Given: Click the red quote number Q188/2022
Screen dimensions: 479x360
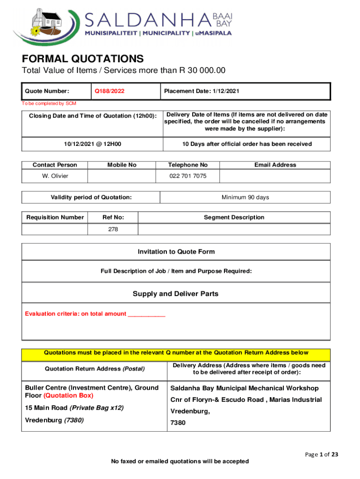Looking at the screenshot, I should tap(109, 91).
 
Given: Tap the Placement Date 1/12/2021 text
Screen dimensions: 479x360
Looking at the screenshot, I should tap(201, 91).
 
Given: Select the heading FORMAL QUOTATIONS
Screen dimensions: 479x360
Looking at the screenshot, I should tap(83, 59).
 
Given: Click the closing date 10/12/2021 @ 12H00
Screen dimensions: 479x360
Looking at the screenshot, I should tap(93, 144).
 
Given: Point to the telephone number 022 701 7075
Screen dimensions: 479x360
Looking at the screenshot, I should tap(187, 176).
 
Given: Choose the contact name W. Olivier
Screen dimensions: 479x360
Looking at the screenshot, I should tap(55, 176).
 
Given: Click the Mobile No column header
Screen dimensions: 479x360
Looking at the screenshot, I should tap(122, 165).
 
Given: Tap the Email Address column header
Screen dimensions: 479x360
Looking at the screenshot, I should tap(275, 165).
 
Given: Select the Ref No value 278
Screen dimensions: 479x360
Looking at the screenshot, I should tap(113, 229).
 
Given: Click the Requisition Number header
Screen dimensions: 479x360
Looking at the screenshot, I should tap(55, 217).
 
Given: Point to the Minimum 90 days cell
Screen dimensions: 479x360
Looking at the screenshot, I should tap(245, 197).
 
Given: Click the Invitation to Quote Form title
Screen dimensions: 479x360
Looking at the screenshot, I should tap(176, 252).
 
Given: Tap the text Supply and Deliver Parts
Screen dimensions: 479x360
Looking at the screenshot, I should tap(175, 294).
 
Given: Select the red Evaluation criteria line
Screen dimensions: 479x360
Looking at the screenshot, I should tap(95, 314).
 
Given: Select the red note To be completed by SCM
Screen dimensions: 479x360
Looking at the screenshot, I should tap(49, 103).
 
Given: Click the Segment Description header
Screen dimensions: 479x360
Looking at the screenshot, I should tap(234, 217).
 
